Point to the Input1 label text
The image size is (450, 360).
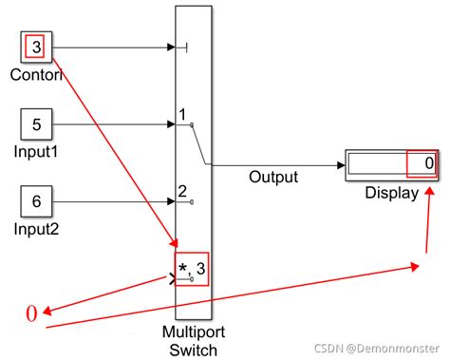[37, 150]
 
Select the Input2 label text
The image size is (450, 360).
[37, 227]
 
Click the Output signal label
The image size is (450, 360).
[273, 177]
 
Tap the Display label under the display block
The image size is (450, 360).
[391, 193]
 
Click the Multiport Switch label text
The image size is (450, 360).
[193, 341]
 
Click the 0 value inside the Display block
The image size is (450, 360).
[429, 164]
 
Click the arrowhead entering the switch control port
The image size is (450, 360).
[172, 47]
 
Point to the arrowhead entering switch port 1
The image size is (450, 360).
[172, 123]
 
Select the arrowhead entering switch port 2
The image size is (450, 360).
[172, 200]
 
